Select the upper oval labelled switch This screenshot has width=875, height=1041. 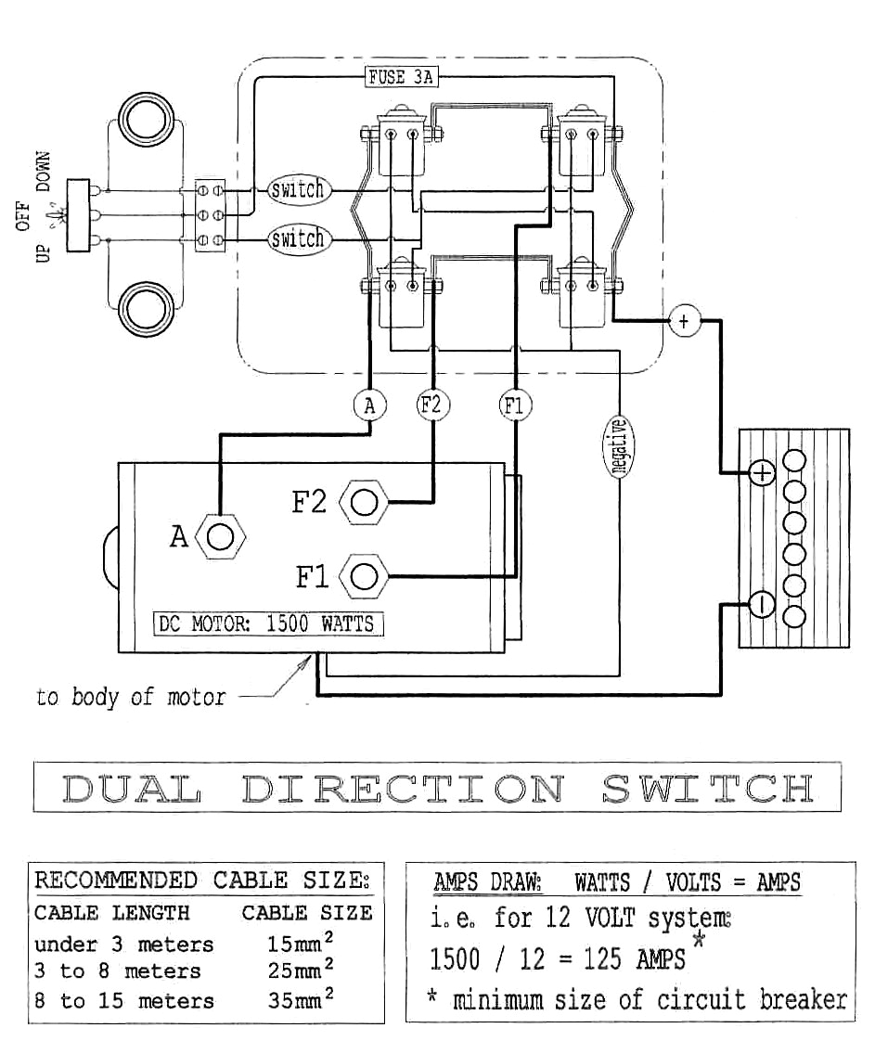pos(298,191)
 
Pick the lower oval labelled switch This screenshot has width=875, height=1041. pos(298,239)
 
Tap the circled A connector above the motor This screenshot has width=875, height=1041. pos(370,405)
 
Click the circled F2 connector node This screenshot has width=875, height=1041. pos(432,405)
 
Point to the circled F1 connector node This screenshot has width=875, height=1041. pos(515,405)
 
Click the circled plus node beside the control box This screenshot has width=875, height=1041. pos(684,321)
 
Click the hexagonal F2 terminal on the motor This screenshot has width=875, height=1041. pos(365,502)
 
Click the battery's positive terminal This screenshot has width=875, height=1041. pos(761,474)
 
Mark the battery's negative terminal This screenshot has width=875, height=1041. pos(761,604)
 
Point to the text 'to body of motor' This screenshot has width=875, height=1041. pos(130,697)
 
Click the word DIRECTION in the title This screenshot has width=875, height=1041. pos(402,789)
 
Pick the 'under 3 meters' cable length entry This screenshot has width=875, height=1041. pos(123,945)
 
